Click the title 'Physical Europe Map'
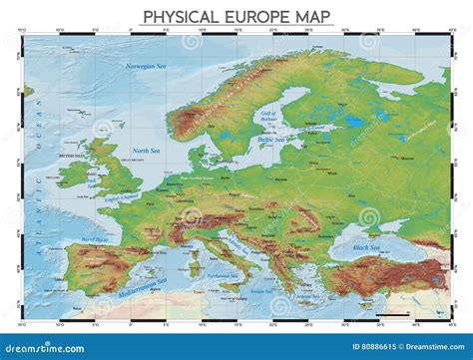[x=236, y=17]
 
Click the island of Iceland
[x=27, y=92]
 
